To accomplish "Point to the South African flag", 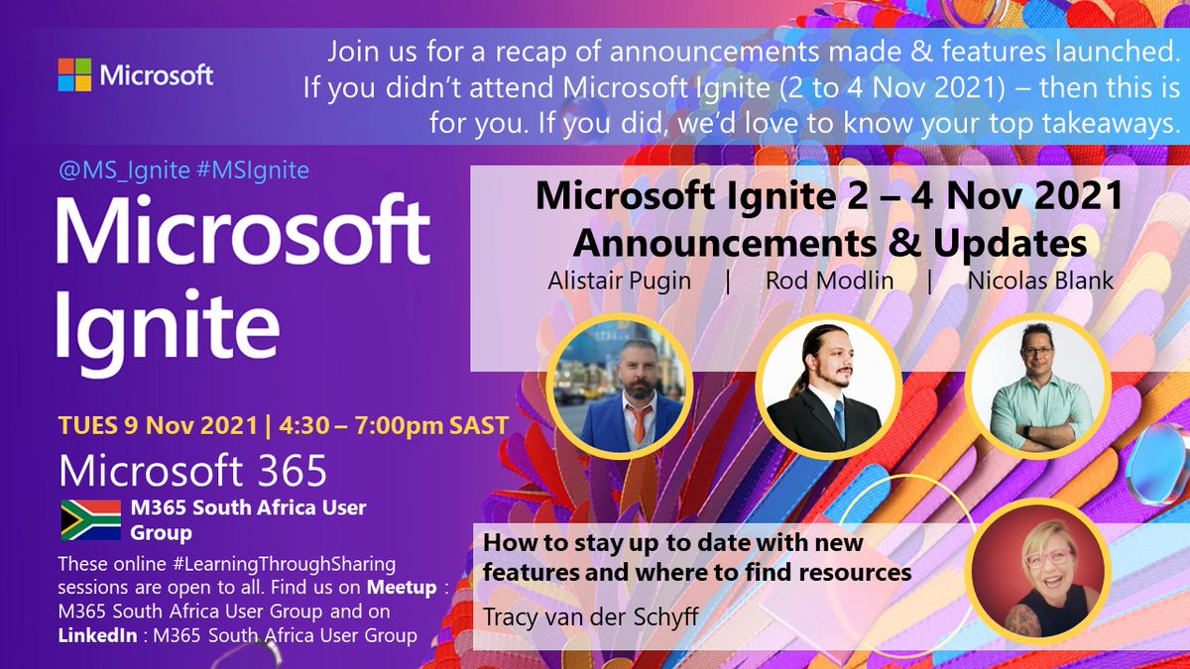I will point(90,519).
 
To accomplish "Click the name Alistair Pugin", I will point(619,280).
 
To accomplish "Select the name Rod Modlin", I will point(829,280).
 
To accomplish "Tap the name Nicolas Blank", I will point(1040,280).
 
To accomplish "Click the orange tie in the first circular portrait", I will point(640,422).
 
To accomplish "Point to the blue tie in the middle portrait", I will point(839,417).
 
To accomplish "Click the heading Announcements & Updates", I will point(829,243).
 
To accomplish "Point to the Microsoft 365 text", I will point(193,471).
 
